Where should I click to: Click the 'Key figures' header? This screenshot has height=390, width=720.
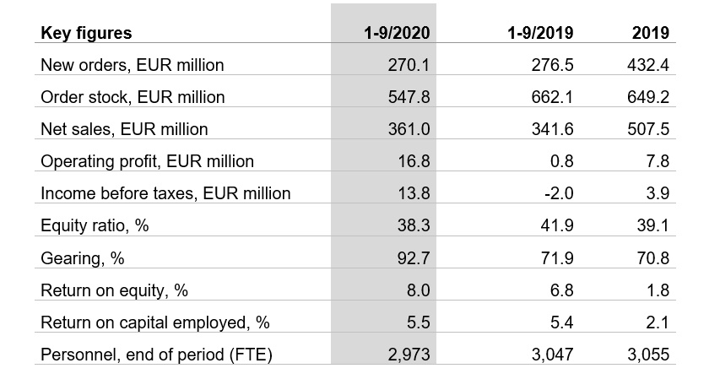coord(86,33)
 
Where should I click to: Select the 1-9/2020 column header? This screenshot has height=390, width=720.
coord(396,33)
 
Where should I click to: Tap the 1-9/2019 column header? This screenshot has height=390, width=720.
coord(540,33)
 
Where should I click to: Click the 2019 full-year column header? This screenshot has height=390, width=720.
coord(650,33)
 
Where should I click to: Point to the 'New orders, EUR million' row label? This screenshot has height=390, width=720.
coord(133,65)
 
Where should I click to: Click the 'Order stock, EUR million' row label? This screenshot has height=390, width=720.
coord(133,97)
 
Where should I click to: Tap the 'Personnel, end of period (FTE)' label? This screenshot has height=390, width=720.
coord(156,354)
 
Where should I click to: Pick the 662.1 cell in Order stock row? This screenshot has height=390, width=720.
coord(553,97)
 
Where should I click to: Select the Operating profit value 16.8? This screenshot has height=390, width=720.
coord(413,161)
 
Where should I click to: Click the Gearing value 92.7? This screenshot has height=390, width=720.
coord(413,257)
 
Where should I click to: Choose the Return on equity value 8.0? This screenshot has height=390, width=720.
coord(417,290)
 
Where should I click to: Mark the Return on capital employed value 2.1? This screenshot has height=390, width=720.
coord(658,322)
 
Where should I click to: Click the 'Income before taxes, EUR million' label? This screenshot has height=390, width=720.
coord(165,193)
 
